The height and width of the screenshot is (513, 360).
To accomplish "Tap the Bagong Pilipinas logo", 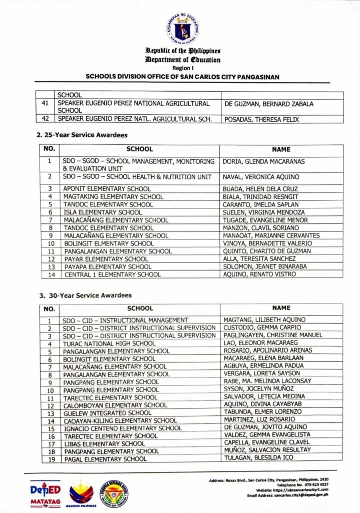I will [x=81, y=493].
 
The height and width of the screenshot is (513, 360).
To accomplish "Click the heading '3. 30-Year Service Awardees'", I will [x=85, y=295].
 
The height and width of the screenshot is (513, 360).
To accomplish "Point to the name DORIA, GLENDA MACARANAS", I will [x=263, y=162].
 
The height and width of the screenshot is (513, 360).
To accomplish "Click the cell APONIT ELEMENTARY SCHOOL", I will [x=107, y=189].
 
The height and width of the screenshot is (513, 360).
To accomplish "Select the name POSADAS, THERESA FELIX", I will [x=261, y=119].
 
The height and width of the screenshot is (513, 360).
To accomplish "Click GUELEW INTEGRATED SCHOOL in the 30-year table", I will [x=107, y=413].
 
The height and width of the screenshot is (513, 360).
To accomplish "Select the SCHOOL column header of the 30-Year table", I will [x=140, y=309].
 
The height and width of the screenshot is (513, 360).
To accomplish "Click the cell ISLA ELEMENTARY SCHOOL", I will [x=103, y=212].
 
